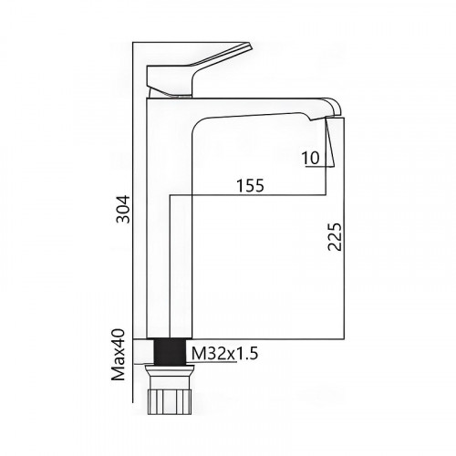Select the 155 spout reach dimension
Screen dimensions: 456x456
(249, 185)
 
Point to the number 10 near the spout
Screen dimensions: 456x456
(310, 158)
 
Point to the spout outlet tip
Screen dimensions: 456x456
(332, 111)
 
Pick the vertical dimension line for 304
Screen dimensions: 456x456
(134, 137)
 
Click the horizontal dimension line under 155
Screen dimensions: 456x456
(255, 194)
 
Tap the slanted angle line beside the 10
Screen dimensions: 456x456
(331, 146)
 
